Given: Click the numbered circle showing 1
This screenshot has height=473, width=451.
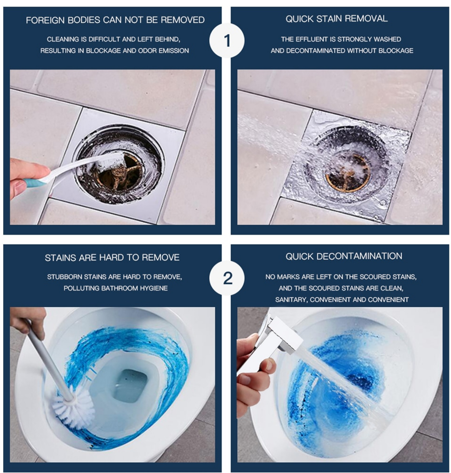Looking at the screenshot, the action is tap(227, 40).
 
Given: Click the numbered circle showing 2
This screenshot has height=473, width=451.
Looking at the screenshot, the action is tap(227, 278).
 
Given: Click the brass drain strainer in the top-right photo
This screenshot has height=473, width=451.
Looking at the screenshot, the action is tap(348, 173).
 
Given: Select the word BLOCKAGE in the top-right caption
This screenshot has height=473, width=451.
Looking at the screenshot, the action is tap(396, 51).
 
